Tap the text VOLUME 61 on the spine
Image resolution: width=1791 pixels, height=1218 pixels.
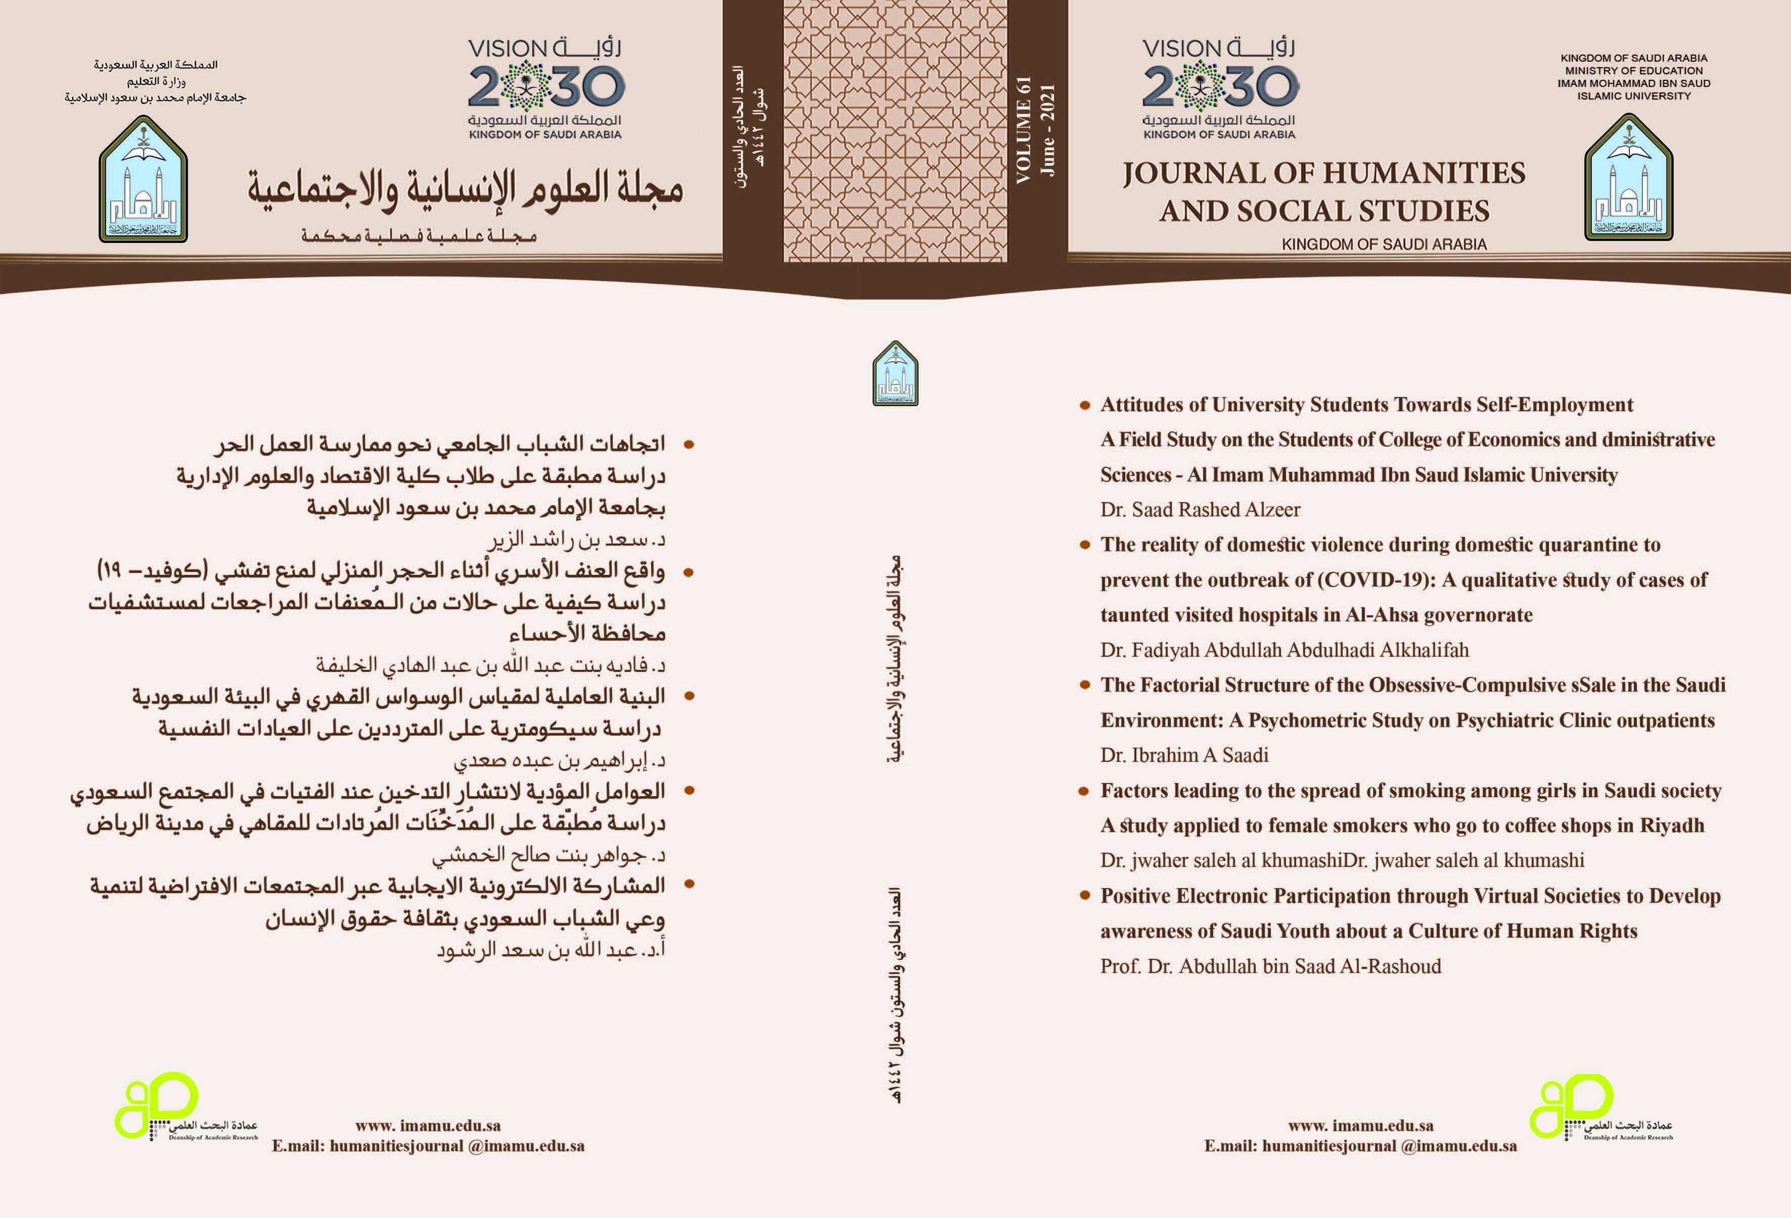pos(1024,130)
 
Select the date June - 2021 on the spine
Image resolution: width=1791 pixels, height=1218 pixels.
pos(1047,130)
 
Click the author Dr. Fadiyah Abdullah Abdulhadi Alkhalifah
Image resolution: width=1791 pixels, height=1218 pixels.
pos(1284,650)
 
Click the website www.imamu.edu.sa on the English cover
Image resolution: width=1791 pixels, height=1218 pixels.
pos(1360,1126)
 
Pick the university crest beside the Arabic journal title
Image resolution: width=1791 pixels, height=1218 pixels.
pos(144,179)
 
